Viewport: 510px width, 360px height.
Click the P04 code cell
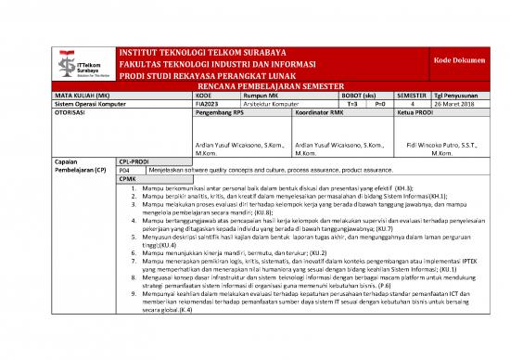point(125,170)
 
